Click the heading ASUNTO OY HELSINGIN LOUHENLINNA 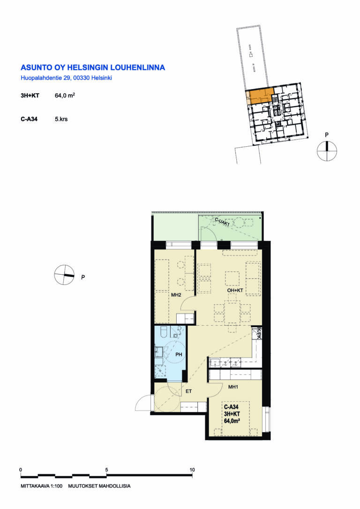pos(93,67)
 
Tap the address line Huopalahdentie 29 pos(44,78)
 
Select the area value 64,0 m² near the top pos(65,96)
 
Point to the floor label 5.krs pos(61,119)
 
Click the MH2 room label pos(176,295)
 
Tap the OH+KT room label pos(235,291)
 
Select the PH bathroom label pos(179,354)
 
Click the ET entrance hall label pos(188,391)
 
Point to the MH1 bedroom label pos(233,387)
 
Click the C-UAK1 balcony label pos(222,222)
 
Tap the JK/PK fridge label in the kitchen pos(259,333)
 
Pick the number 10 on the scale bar pos(192,470)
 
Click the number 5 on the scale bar pos(106,470)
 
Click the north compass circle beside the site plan pos(327,151)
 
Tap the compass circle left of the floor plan pos(64,275)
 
